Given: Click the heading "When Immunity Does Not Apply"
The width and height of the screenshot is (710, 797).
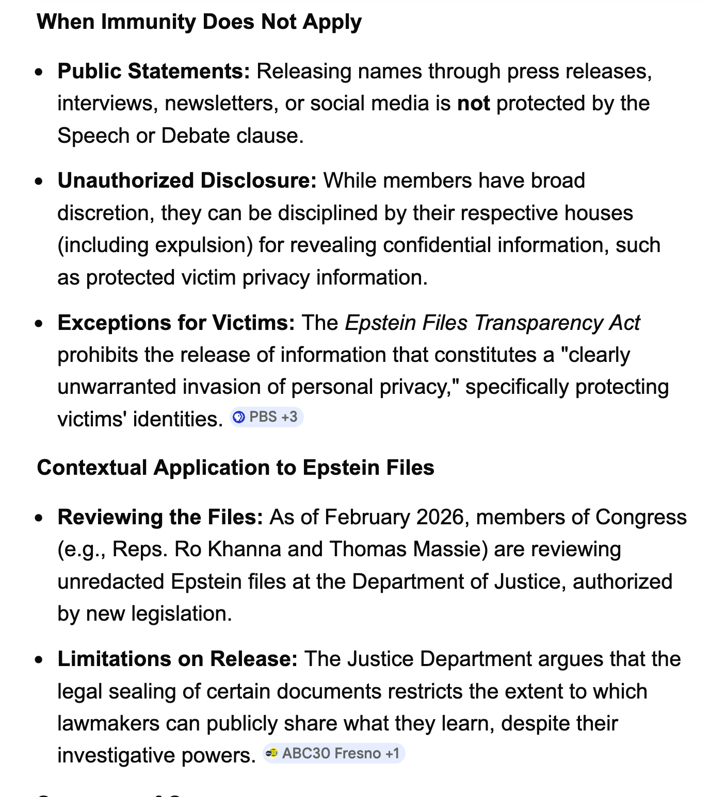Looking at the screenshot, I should [x=199, y=22].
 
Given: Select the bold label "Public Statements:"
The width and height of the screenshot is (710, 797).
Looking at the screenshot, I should [x=154, y=71].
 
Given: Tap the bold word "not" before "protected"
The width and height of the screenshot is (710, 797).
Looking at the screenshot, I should [x=473, y=103].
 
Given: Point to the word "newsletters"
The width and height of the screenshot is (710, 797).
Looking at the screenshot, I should [x=218, y=103].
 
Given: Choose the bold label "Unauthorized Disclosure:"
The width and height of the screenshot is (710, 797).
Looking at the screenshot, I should [x=187, y=180].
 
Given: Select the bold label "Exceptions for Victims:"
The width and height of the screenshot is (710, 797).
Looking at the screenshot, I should [x=176, y=323].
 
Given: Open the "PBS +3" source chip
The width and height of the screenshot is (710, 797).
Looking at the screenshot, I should [x=266, y=417].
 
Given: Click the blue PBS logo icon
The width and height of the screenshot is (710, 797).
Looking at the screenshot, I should [x=239, y=417].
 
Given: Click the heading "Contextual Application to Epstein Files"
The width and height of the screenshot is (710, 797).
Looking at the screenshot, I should [x=235, y=468].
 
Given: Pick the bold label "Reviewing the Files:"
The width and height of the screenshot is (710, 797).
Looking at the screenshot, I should [x=160, y=517].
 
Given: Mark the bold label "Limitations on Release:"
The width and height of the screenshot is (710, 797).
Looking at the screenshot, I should [x=177, y=659].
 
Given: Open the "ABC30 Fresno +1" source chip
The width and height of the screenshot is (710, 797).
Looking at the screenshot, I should [x=334, y=753].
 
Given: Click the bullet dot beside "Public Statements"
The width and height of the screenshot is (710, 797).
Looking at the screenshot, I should [x=39, y=72].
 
